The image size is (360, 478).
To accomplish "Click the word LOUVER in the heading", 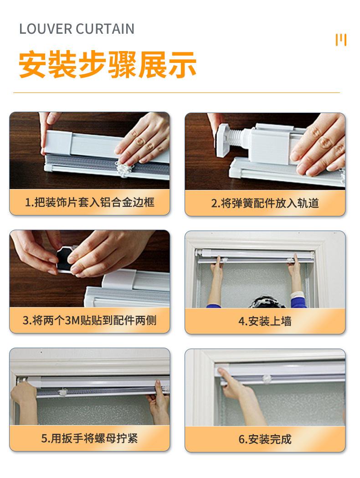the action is point(46,29).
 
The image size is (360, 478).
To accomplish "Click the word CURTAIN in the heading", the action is point(105,29).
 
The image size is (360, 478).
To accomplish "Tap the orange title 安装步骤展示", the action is point(107,65).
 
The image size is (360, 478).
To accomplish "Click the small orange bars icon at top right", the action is point(341,40).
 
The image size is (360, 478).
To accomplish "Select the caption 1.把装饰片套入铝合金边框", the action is point(90,202).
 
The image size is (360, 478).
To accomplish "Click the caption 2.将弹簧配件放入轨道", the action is point(265,203).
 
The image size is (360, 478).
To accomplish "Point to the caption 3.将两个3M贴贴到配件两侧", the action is point(90,320).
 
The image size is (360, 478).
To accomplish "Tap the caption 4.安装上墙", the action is point(265,321).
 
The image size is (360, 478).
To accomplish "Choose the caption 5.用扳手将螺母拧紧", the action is point(90,438).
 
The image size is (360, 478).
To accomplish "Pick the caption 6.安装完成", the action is point(265,439).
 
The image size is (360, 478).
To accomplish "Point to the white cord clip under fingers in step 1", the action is point(124,169).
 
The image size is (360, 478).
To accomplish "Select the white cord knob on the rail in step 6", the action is point(267,378).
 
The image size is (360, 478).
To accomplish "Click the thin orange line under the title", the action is point(176,93).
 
